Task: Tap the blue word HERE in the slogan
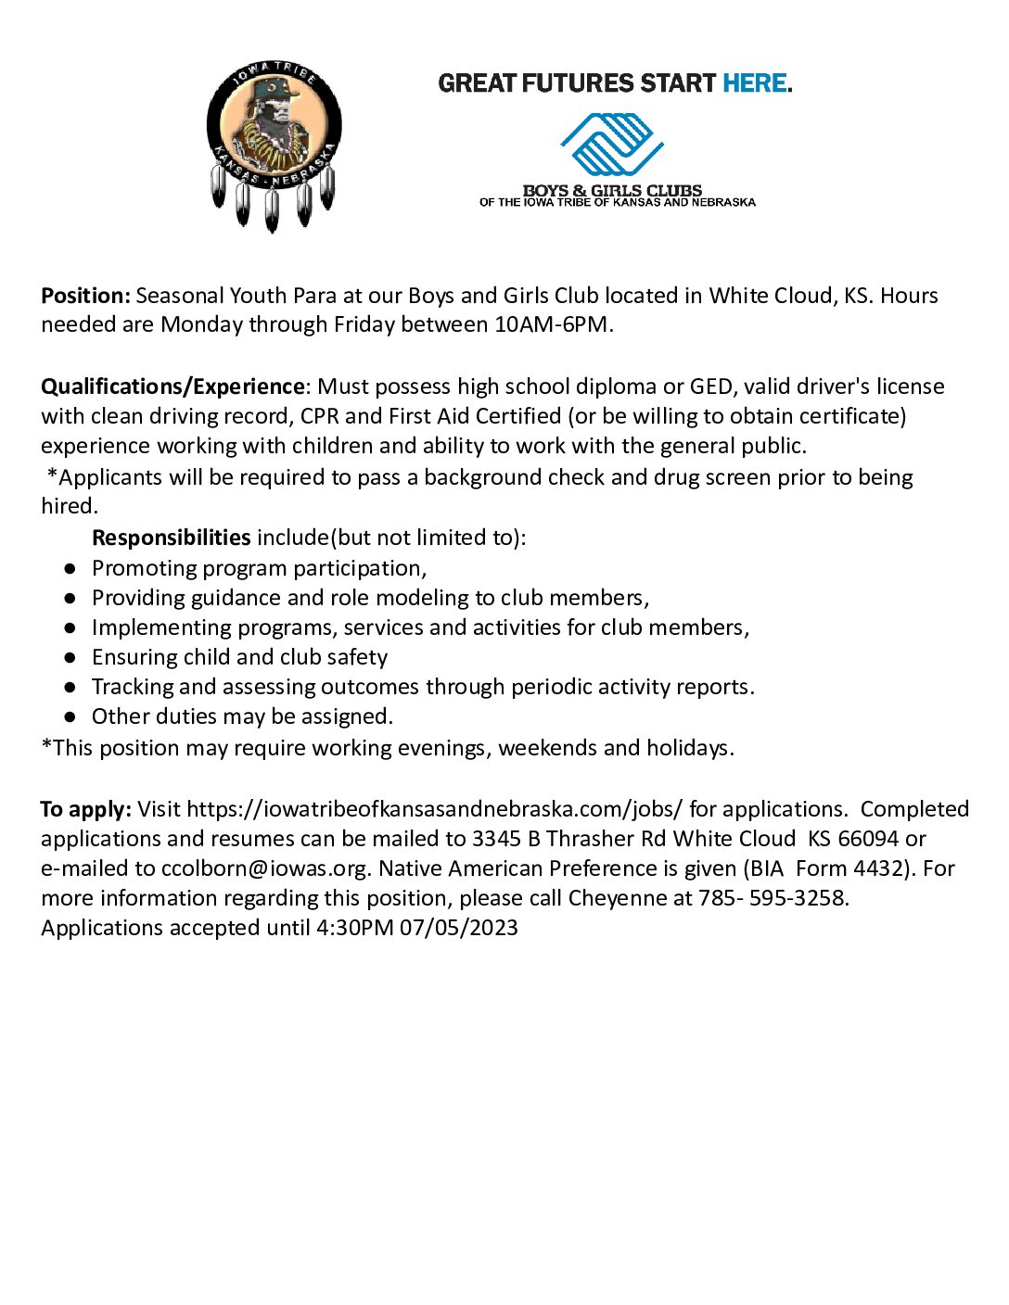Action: [x=755, y=83]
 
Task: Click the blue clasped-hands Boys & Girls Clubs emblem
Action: [x=612, y=145]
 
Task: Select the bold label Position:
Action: [x=86, y=296]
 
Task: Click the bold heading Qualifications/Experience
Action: [x=172, y=386]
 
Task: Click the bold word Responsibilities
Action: [x=171, y=538]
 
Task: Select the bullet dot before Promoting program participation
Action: [x=70, y=568]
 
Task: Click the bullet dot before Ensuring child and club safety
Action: [x=70, y=657]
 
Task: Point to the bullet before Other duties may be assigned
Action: [x=70, y=716]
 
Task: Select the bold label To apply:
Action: [x=86, y=809]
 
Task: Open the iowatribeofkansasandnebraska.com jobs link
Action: [x=434, y=809]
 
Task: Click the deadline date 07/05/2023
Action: [x=459, y=928]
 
